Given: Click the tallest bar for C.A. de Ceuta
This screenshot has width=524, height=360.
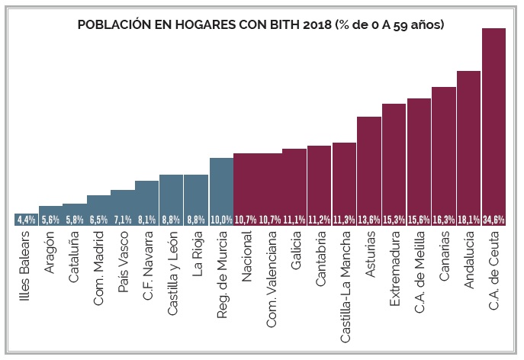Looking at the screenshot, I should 494,122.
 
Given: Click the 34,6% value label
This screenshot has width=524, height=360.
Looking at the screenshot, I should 494,220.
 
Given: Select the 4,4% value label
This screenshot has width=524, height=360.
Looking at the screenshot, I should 26,220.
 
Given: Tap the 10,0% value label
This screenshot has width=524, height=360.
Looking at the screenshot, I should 221,220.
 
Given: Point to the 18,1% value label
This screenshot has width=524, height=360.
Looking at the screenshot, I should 468,220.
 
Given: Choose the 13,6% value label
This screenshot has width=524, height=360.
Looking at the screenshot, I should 369,220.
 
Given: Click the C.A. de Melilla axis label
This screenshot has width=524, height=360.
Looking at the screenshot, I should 419,272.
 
